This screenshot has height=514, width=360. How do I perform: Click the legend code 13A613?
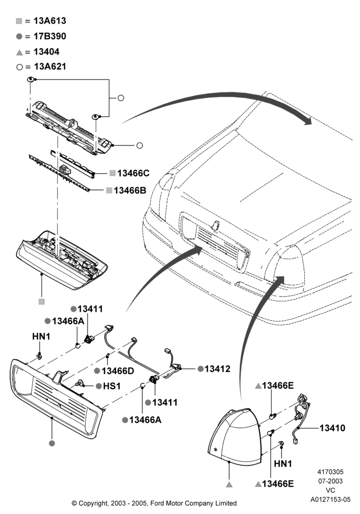(x=50, y=21)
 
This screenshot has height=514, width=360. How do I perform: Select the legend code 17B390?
(x=50, y=36)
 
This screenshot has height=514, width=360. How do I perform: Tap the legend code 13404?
(x=47, y=51)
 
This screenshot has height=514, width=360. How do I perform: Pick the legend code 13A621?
(x=50, y=66)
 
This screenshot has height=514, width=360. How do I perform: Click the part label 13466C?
(x=133, y=173)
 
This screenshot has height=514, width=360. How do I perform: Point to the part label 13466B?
(x=130, y=191)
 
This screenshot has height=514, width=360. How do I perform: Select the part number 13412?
(x=218, y=369)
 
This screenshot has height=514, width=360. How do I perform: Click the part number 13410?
(x=332, y=428)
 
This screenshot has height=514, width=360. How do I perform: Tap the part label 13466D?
(x=118, y=371)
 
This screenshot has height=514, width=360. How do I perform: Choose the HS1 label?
(x=112, y=386)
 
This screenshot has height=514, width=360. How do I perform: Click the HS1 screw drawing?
(x=80, y=382)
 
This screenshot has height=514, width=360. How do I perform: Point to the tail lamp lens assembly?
(x=235, y=436)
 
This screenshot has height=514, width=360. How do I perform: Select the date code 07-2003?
(x=331, y=481)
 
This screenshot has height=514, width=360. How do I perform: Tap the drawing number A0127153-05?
(x=331, y=500)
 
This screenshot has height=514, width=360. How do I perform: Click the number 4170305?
(x=331, y=472)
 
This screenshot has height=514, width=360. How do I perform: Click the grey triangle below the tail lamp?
(x=229, y=484)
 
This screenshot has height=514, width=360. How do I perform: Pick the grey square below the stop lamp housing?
(x=42, y=302)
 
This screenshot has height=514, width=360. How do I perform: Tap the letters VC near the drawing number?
(x=331, y=490)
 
